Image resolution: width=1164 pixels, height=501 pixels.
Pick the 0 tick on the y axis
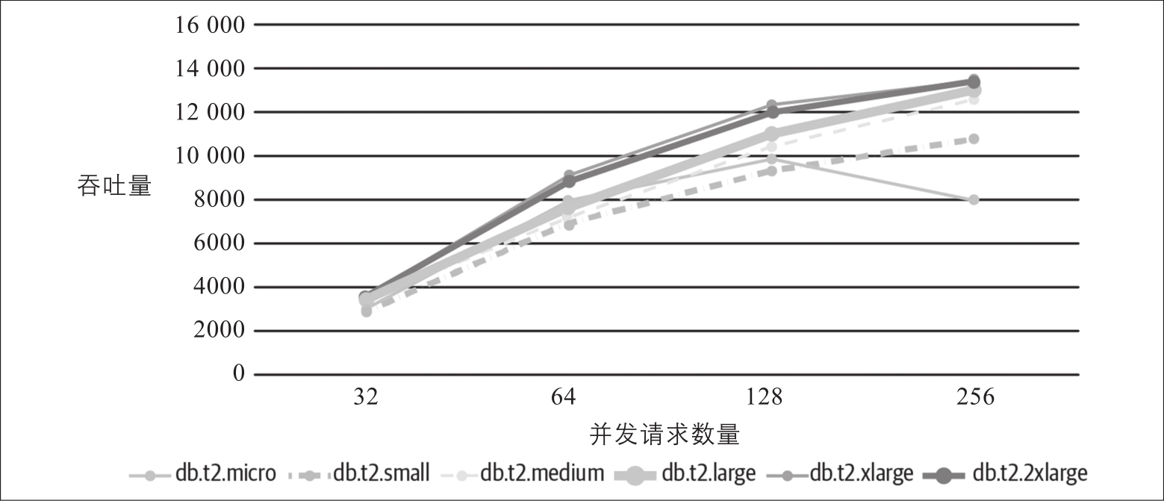(238, 374)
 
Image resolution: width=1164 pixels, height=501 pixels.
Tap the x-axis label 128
(772, 397)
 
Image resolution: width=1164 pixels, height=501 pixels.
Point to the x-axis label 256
(974, 397)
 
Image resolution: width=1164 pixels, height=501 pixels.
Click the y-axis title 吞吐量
(114, 185)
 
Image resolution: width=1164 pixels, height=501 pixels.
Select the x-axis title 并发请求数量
(665, 434)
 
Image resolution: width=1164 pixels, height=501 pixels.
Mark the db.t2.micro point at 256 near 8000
(974, 200)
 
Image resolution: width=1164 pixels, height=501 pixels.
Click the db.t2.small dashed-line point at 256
(974, 139)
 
